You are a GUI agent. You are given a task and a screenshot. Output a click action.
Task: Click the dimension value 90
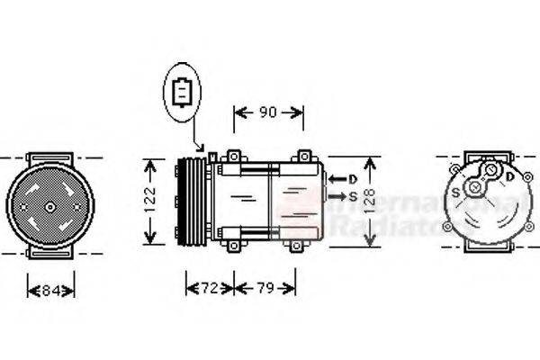click(x=268, y=112)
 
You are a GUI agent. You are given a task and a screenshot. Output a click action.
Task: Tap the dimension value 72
click(x=209, y=288)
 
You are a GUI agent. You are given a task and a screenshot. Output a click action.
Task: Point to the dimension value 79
click(x=264, y=288)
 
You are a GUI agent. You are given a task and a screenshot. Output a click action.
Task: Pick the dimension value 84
click(x=50, y=290)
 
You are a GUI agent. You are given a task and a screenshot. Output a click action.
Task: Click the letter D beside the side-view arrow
click(x=353, y=178)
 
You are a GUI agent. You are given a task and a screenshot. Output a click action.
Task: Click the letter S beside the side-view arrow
click(x=353, y=195)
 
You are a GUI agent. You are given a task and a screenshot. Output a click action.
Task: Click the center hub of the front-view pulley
click(x=50, y=207)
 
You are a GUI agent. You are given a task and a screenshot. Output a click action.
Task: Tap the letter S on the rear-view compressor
click(x=456, y=192)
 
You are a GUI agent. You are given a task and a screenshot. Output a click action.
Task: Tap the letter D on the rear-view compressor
click(x=510, y=177)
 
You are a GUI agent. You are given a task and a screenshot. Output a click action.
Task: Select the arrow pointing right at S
click(x=336, y=195)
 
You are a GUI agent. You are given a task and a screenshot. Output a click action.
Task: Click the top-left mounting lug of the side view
click(x=233, y=157)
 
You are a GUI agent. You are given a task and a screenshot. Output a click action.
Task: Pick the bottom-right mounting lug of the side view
click(x=295, y=242)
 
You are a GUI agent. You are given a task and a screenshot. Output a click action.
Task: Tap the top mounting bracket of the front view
click(x=50, y=158)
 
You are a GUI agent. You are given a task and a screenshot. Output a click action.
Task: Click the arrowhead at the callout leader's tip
click(x=202, y=148)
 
